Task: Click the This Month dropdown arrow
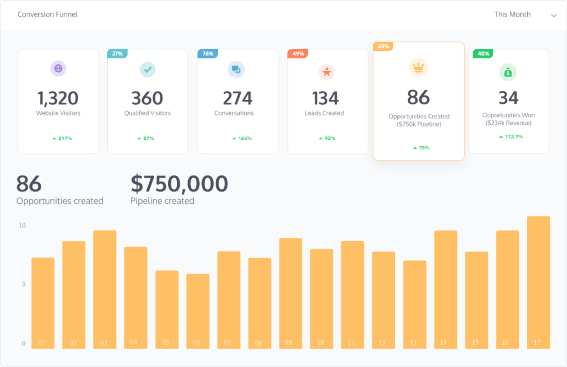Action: click(553, 16)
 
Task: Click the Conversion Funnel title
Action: click(47, 14)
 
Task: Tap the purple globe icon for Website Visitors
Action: click(58, 68)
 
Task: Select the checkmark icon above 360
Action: click(148, 69)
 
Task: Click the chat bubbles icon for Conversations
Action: click(236, 69)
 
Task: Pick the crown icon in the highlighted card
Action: click(418, 68)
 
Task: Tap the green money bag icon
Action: click(508, 72)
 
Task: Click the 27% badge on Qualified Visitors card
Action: click(117, 54)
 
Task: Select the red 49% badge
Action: click(298, 54)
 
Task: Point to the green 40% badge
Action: click(483, 54)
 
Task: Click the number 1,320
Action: click(58, 98)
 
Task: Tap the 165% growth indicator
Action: click(242, 138)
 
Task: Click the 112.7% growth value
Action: click(511, 137)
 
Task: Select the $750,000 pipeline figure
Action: click(179, 184)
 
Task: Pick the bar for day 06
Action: click(198, 311)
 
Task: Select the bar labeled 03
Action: click(105, 289)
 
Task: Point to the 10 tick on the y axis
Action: click(22, 225)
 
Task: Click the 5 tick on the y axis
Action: click(24, 284)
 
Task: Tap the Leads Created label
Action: click(324, 113)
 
